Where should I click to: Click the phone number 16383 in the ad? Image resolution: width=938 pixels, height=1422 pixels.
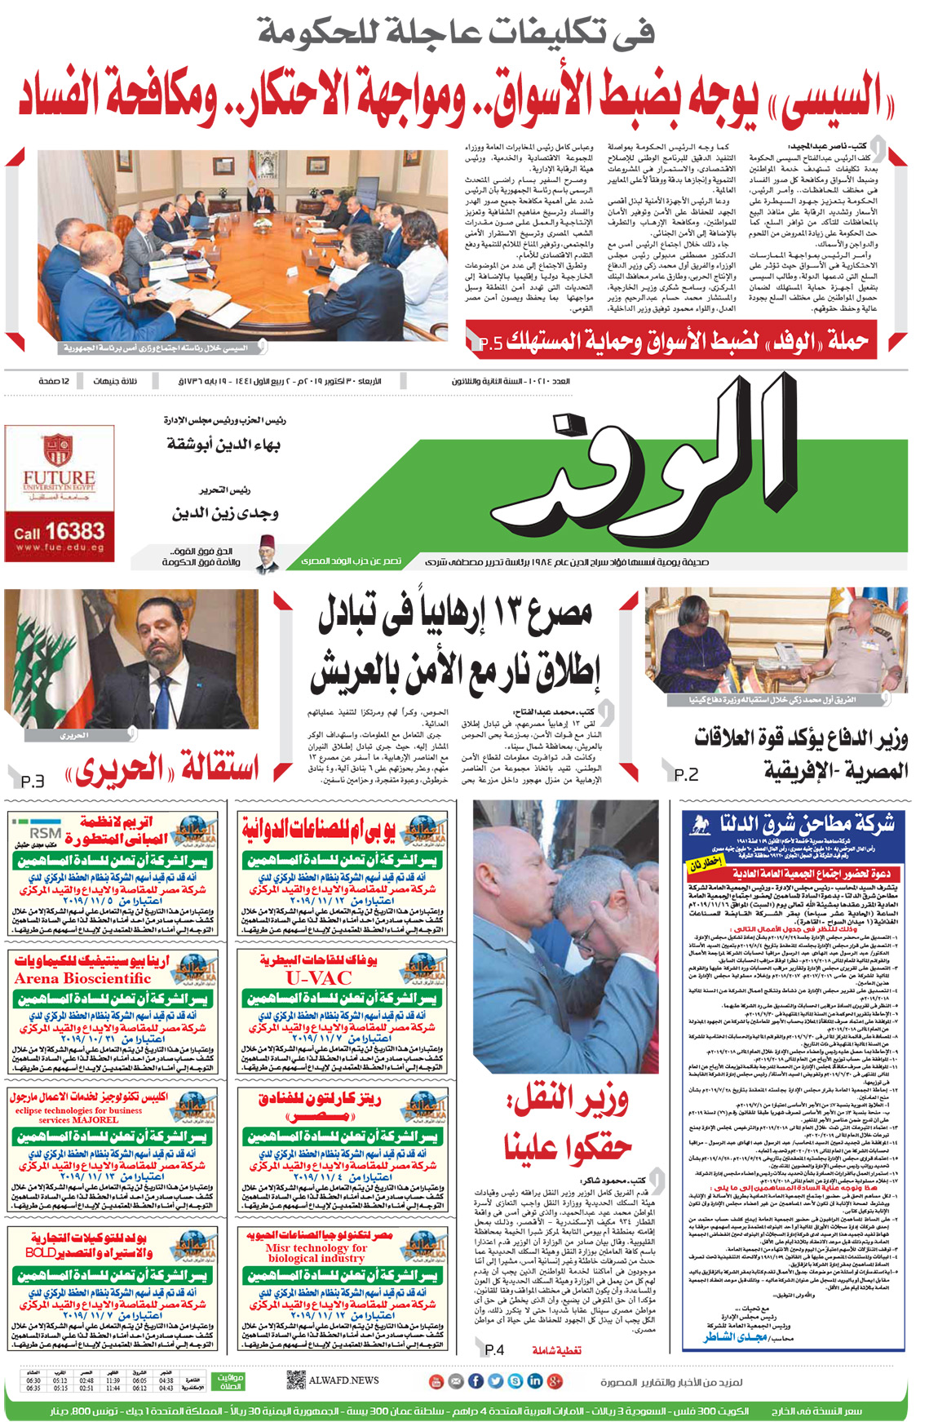click(x=74, y=532)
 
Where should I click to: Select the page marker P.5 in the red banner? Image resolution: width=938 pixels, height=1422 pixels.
click(x=490, y=343)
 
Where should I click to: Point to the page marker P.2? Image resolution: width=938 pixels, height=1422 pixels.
click(x=686, y=773)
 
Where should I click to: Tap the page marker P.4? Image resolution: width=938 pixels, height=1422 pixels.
click(x=494, y=1350)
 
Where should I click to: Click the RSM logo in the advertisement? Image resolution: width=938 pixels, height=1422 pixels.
click(x=46, y=833)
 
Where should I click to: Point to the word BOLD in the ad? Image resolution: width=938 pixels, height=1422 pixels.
click(x=41, y=1252)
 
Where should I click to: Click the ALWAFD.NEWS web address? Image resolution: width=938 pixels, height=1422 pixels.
click(x=343, y=1380)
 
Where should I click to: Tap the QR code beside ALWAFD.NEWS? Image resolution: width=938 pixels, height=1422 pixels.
click(x=296, y=1380)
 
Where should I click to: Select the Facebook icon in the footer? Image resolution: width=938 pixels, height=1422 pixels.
click(x=476, y=1380)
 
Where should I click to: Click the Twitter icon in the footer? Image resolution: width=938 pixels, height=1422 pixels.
click(x=495, y=1380)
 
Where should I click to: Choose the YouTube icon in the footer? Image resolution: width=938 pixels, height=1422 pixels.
click(x=436, y=1380)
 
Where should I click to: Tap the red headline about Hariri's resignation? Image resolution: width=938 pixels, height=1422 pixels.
click(x=163, y=769)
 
